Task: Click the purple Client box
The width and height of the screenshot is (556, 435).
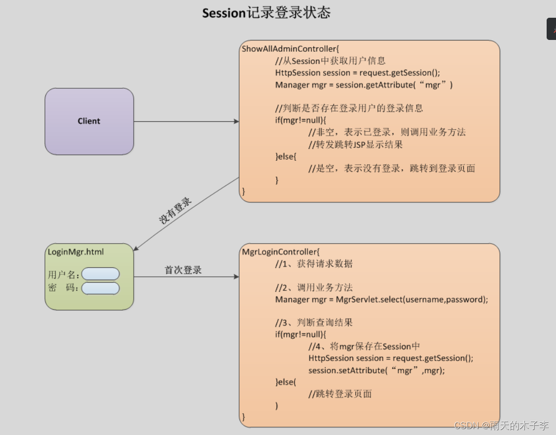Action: point(89,121)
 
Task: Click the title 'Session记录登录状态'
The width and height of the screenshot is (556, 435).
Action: point(266,13)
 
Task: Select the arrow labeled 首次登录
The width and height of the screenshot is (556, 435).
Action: point(186,277)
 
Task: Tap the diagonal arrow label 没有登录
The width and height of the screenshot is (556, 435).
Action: point(175,211)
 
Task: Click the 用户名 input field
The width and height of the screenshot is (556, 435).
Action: point(101,274)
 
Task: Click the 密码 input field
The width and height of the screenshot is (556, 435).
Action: point(101,288)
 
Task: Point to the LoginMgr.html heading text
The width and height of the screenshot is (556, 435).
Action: point(76,252)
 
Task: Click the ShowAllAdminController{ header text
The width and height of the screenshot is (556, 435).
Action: point(290,49)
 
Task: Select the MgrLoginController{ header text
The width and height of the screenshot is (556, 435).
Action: point(280,252)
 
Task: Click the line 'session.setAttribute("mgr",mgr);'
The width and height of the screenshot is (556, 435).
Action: point(377,370)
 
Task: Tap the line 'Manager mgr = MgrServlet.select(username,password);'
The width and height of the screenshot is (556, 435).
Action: point(382,299)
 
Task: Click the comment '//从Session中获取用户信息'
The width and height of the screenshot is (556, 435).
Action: point(330,61)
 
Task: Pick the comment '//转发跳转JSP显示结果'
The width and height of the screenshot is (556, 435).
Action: point(355,145)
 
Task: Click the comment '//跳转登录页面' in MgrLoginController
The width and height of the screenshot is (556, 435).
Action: point(340,394)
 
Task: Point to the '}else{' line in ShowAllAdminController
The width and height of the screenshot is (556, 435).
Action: point(286,156)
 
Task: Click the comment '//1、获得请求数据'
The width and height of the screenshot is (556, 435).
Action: point(314,264)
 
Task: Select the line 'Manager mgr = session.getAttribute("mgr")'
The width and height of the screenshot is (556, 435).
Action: point(364,85)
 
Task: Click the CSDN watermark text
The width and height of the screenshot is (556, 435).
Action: point(501,426)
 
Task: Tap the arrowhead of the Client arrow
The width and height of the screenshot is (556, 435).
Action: point(237,121)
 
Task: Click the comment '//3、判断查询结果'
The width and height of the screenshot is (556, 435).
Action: point(314,323)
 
